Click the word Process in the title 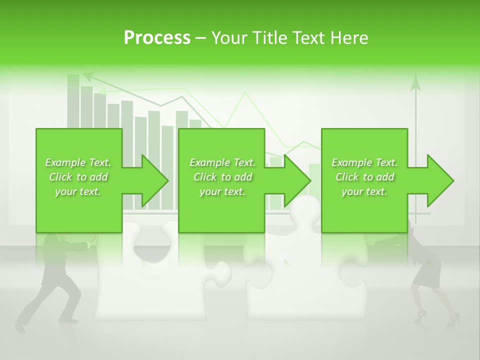tap(157, 38)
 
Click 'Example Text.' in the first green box tap(78, 162)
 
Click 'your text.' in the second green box tap(222, 191)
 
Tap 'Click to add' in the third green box tap(364, 177)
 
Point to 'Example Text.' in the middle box tap(222, 162)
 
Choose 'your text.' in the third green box tap(364, 191)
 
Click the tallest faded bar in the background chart tap(73, 100)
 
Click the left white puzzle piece tap(150, 280)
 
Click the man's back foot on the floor tap(20, 326)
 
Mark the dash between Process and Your tap(201, 38)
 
